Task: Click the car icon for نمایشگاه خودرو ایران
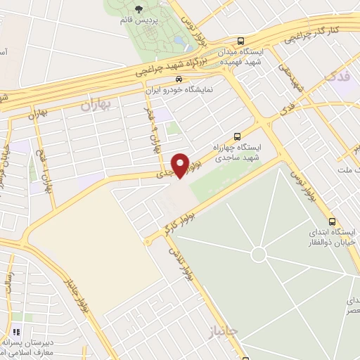[x=181, y=79]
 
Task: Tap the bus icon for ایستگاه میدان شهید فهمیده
[x=241, y=41]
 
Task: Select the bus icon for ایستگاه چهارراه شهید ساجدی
[x=237, y=136]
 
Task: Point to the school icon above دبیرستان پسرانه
[x=16, y=332]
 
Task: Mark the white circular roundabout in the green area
[x=259, y=252]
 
